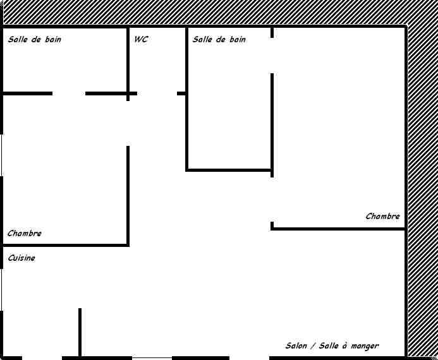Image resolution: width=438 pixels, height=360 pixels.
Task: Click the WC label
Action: pyautogui.click(x=141, y=39)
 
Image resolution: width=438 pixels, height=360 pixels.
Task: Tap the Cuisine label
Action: pyautogui.click(x=21, y=258)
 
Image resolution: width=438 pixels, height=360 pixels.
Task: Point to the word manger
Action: pyautogui.click(x=365, y=347)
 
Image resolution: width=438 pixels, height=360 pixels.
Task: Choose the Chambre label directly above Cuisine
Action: pyautogui.click(x=25, y=233)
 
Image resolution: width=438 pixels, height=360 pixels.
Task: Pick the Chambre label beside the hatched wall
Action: pyautogui.click(x=382, y=216)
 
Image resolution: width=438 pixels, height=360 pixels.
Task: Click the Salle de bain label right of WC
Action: pyautogui.click(x=219, y=40)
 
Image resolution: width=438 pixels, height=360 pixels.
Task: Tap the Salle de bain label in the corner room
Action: pyautogui.click(x=34, y=40)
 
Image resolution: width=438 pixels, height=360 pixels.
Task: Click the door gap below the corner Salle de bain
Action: pyautogui.click(x=69, y=93)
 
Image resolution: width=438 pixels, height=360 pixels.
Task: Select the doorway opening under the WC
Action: pyautogui.click(x=157, y=93)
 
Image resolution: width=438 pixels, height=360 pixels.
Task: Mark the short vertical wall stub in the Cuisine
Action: pyautogui.click(x=80, y=332)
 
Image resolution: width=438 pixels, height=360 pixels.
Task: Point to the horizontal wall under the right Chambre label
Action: pyautogui.click(x=338, y=229)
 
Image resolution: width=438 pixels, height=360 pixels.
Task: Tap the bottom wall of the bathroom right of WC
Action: pyautogui.click(x=229, y=170)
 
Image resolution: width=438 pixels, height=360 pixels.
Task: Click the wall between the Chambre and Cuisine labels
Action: pyautogui.click(x=65, y=245)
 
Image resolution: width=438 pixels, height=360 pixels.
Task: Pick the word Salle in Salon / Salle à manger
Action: pyautogui.click(x=329, y=346)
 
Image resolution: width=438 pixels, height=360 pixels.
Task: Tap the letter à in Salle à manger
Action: pyautogui.click(x=344, y=346)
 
